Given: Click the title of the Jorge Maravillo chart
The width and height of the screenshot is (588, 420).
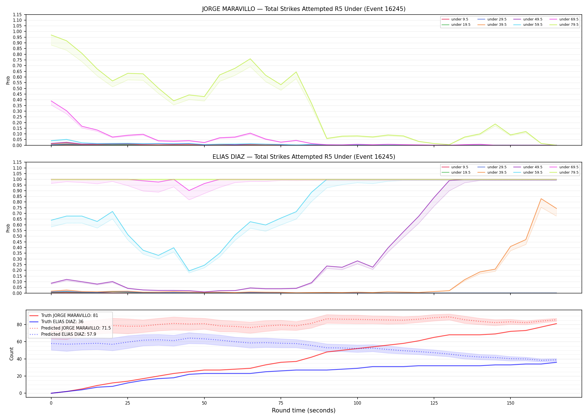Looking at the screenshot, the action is click(304, 9).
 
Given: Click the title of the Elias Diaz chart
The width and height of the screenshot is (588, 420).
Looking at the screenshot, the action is click(304, 157).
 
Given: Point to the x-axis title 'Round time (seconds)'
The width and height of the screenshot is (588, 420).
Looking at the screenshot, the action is click(304, 410).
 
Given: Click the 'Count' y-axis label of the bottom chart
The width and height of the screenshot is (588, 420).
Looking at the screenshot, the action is click(11, 354).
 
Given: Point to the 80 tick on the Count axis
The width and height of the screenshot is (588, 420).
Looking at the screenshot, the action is click(19, 325).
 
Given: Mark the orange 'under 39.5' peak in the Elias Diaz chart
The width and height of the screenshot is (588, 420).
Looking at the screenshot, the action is click(541, 199).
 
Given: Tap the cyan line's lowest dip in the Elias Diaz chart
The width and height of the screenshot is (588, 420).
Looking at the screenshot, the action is click(189, 271).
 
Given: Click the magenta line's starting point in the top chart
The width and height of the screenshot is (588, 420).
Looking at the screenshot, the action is click(51, 101).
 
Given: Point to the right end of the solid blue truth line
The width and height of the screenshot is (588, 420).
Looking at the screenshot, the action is click(556, 362).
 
